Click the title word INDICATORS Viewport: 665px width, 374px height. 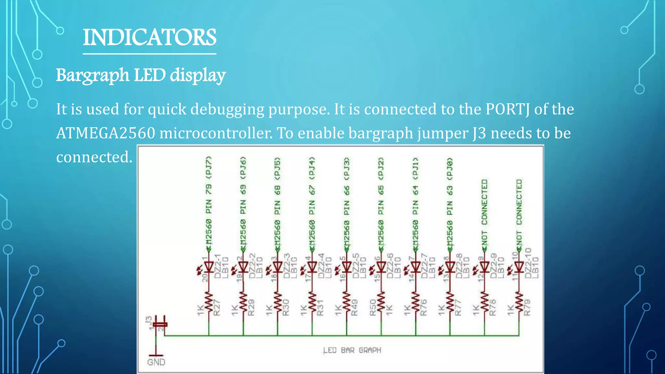click(149, 37)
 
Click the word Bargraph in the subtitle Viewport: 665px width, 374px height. click(93, 75)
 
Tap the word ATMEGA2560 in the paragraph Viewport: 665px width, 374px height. click(106, 133)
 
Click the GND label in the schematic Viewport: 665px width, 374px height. click(156, 362)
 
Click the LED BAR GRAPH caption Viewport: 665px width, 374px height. click(352, 350)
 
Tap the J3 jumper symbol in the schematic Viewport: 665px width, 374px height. click(160, 324)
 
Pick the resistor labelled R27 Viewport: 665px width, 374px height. click(209, 304)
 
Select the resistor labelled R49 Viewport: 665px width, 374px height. click(346, 304)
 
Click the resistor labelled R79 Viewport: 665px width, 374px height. click(519, 304)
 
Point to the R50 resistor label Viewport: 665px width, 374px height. click(373, 307)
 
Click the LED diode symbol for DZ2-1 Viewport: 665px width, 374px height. click(208, 267)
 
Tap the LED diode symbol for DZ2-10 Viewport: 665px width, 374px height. click(519, 267)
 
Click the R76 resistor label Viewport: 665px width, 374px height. click(423, 307)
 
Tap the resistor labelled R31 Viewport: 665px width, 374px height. click(312, 304)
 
